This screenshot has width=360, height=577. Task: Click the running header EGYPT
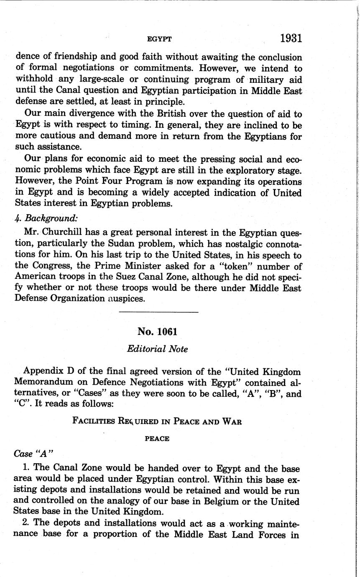point(160,39)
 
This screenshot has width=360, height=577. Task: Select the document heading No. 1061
point(157,332)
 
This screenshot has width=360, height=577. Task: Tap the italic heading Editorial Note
point(157,349)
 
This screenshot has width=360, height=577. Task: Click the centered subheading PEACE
point(157,439)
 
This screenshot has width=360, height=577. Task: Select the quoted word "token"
point(257,266)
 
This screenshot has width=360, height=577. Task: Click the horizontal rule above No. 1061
point(158,312)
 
